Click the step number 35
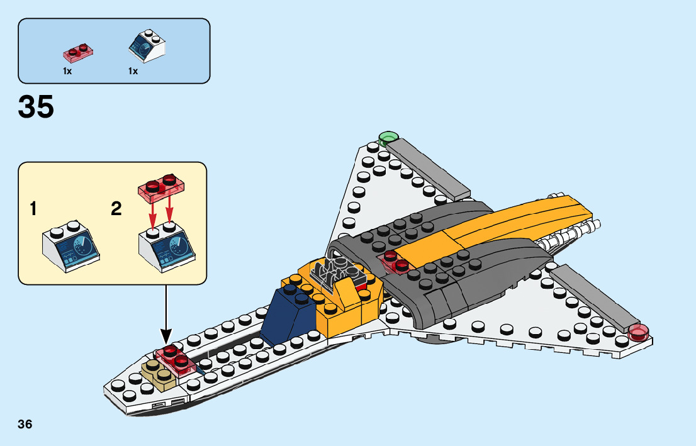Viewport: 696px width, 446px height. (x=36, y=107)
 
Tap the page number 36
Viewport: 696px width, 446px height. (x=25, y=424)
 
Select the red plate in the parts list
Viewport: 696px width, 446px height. (x=78, y=52)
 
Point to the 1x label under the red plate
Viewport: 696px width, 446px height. (x=67, y=71)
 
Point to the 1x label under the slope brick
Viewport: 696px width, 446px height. (x=133, y=71)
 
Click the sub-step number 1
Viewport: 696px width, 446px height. (x=33, y=209)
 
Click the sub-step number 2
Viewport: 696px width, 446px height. (x=116, y=209)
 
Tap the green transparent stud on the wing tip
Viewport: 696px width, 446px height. (x=388, y=138)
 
